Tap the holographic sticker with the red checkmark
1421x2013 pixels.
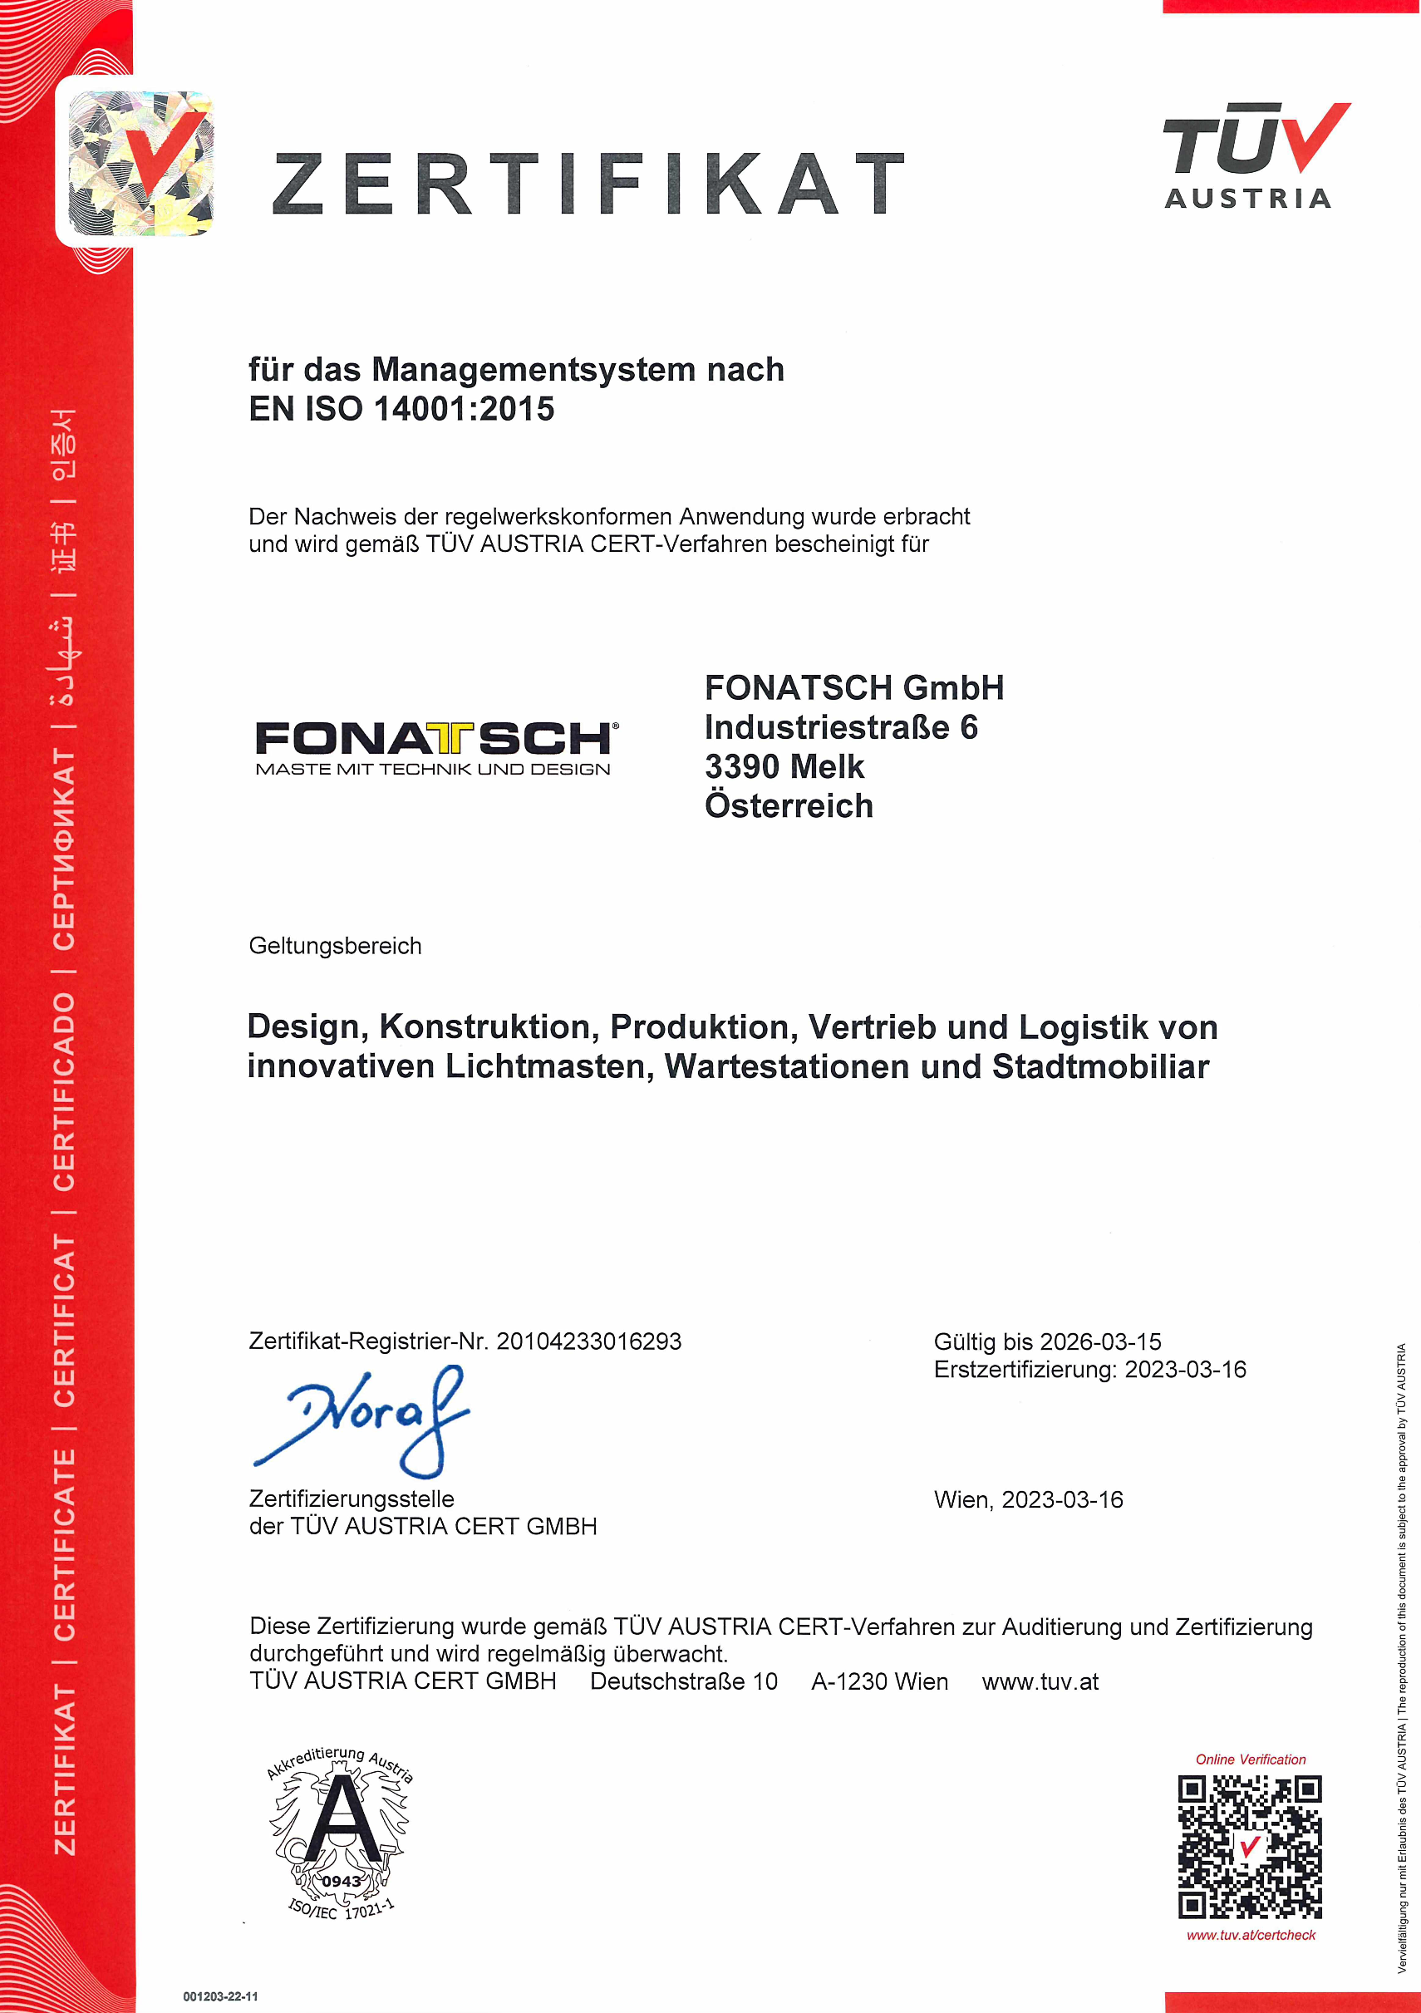[x=140, y=164]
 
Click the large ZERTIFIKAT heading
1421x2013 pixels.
[x=588, y=185]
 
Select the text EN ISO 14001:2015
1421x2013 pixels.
[x=401, y=410]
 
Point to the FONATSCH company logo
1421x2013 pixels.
[x=435, y=748]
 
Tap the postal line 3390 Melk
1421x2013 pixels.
[x=784, y=767]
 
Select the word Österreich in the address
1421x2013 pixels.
[x=789, y=806]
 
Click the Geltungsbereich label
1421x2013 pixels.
[x=335, y=946]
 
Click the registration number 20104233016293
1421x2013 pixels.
[x=588, y=1341]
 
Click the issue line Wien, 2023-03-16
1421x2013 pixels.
[x=1028, y=1500]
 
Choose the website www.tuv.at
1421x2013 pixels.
[x=1040, y=1681]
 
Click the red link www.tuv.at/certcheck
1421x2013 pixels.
[x=1251, y=1935]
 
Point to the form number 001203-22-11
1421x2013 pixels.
[x=220, y=1996]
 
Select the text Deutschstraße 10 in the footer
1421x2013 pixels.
[x=684, y=1681]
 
